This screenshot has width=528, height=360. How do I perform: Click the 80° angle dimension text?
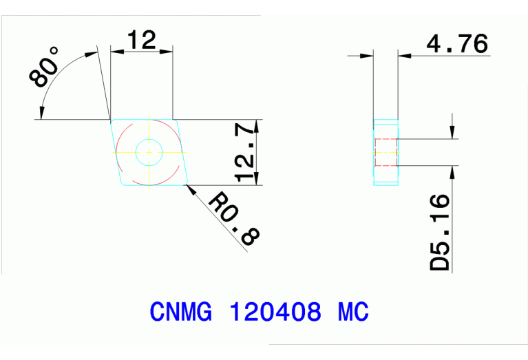tap(45, 67)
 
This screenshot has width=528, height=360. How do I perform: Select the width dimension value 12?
tap(141, 40)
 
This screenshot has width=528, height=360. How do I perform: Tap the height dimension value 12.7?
tap(246, 153)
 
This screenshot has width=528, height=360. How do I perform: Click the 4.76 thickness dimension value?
tap(457, 44)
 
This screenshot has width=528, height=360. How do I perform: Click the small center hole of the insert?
tap(149, 152)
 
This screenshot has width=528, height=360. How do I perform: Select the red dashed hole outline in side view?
tap(386, 152)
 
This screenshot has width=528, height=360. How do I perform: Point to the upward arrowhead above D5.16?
tap(452, 172)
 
